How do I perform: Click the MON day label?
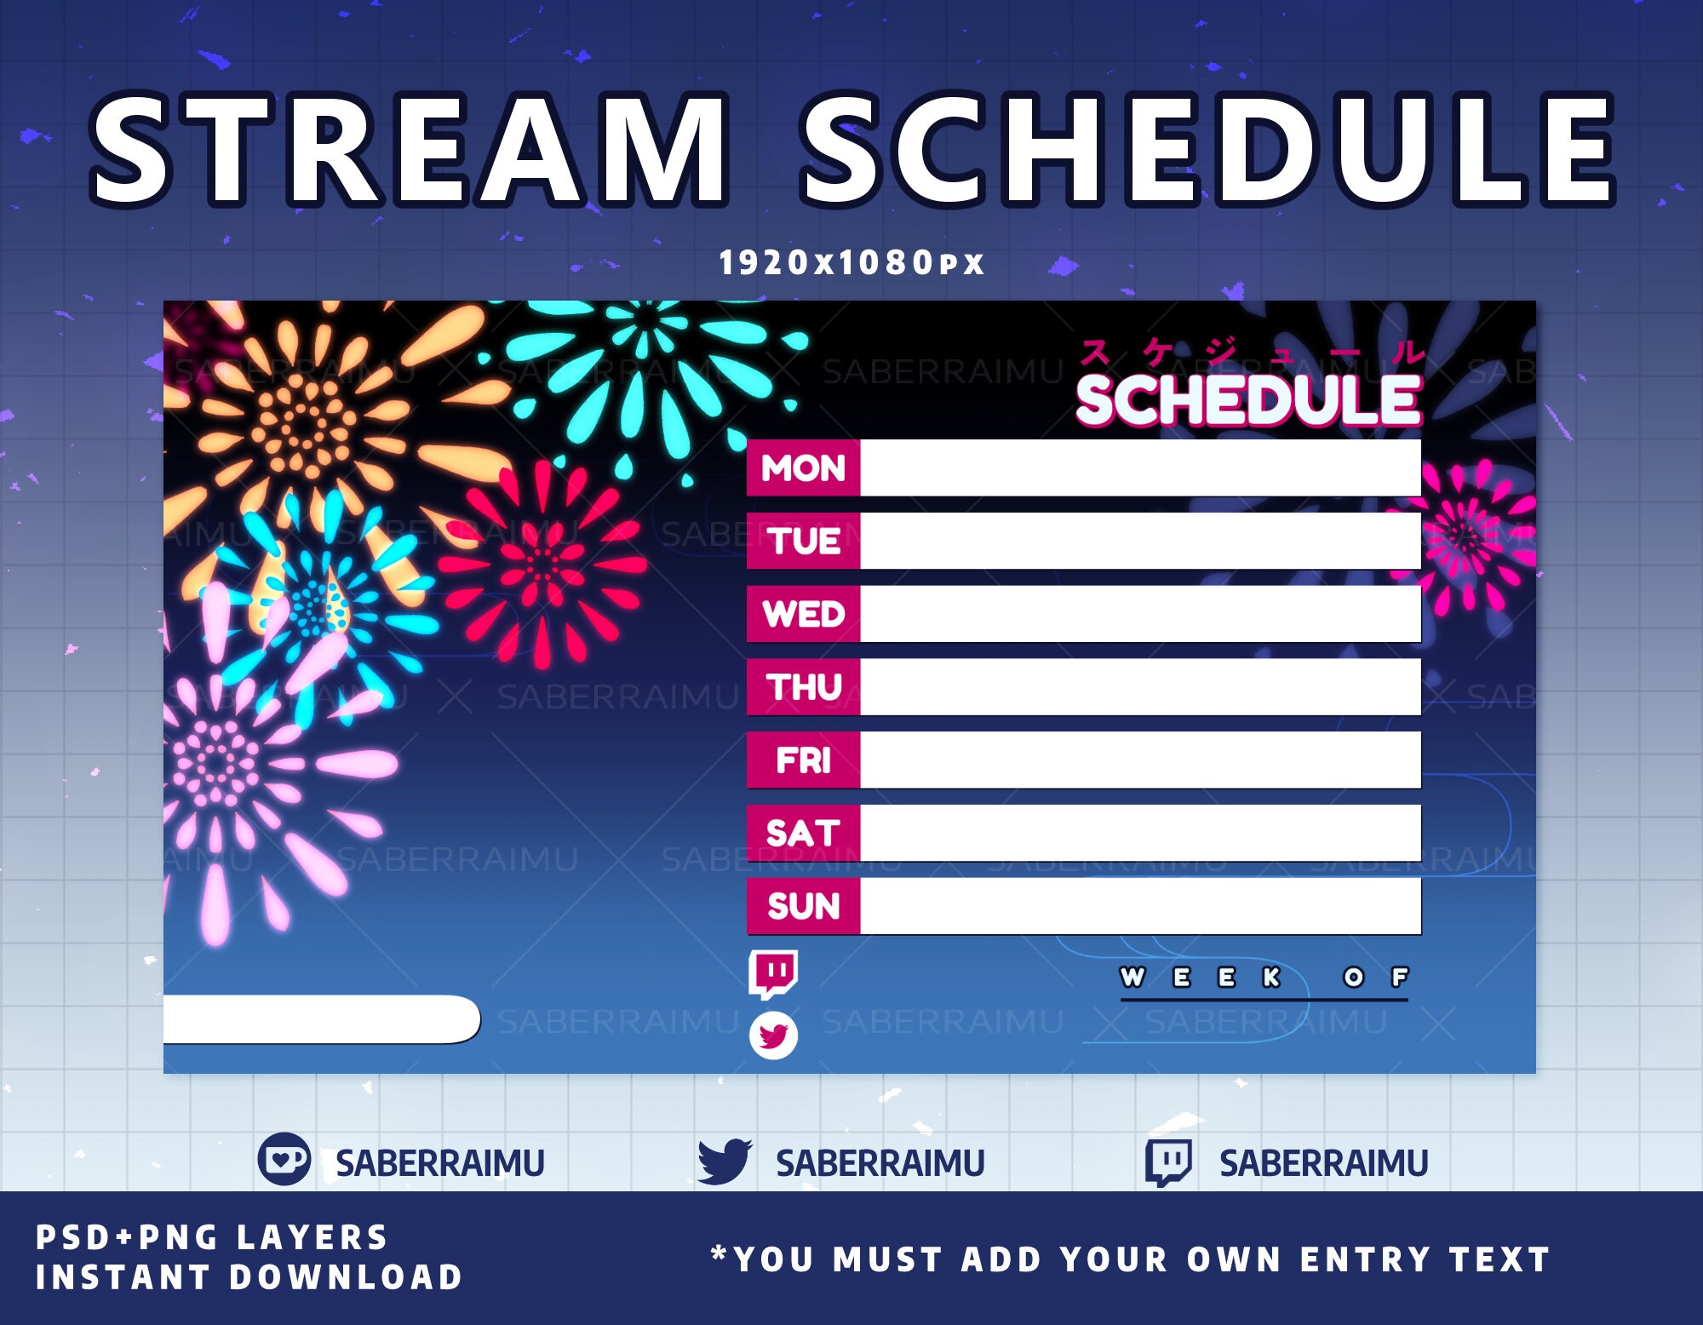coord(803,467)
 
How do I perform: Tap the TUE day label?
coord(803,541)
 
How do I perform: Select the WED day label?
coord(803,614)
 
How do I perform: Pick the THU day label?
coord(803,687)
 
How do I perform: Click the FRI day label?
coord(803,760)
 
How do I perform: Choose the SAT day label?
coord(803,833)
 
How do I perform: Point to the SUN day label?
coord(803,905)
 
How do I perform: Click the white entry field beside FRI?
coord(1139,760)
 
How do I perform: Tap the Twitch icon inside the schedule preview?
coord(773,973)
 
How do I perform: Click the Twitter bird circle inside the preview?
coord(773,1035)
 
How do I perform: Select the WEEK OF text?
coord(1264,977)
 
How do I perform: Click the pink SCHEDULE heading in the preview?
coord(1247,399)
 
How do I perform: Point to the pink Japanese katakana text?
coord(1252,351)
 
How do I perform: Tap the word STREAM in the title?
coord(409,151)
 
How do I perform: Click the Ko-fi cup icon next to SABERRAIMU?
coord(284,1159)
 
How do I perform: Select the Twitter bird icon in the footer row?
coord(724,1161)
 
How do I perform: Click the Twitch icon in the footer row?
coord(1168,1162)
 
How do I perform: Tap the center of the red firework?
coord(542,564)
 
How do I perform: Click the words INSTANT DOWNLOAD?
coord(249,1276)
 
